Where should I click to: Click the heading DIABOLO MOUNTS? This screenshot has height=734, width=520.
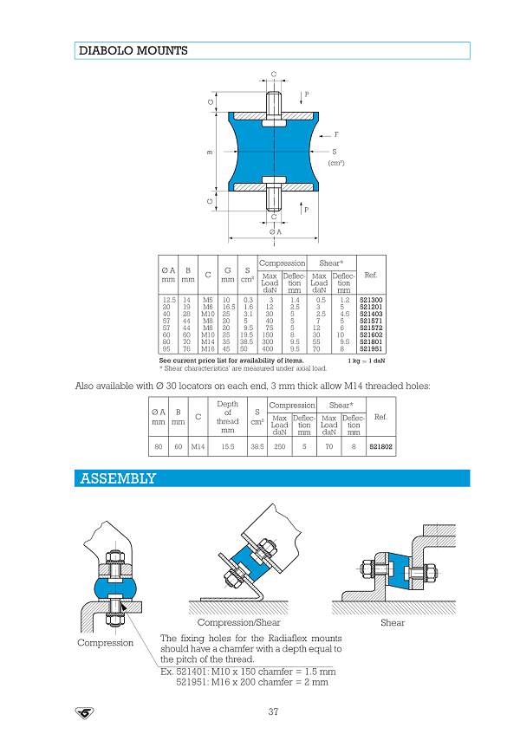133,51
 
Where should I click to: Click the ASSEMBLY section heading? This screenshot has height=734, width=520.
118,478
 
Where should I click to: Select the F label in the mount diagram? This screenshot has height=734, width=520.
336,135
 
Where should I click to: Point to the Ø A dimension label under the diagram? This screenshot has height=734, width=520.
275,232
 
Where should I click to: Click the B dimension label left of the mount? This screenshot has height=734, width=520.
210,153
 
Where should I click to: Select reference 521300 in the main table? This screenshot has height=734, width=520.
370,299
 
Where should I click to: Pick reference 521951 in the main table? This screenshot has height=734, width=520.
370,348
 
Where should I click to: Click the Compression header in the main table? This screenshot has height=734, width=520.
283,263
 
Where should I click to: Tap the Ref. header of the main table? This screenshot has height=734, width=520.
371,275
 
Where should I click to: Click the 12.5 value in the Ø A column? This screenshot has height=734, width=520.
170,299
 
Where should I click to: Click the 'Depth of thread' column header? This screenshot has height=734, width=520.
228,416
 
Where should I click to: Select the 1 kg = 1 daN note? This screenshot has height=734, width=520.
367,360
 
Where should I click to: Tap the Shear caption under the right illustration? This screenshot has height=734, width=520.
393,623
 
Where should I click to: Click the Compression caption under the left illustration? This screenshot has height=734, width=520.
106,643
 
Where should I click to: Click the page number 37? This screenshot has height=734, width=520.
273,712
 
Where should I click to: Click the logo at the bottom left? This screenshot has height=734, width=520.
85,712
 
